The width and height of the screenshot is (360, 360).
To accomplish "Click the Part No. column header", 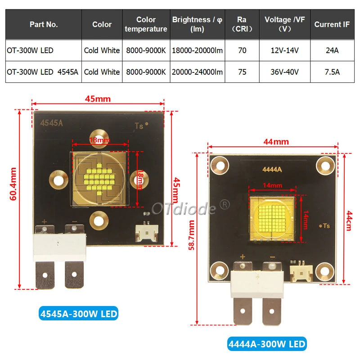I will pos(44,24).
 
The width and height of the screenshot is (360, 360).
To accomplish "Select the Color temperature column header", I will pos(146,24).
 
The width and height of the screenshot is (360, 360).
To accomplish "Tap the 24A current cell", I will pos(332,50).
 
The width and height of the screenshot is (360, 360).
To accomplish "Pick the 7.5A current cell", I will pos(332,72).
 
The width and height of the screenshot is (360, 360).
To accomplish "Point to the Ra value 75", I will pos(242,72).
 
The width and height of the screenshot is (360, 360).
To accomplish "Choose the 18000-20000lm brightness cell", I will pos(197,50).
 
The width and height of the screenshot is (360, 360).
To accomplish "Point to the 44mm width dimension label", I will pos(276,142).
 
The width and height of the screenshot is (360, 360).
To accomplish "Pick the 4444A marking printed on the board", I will pos(272,170).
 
